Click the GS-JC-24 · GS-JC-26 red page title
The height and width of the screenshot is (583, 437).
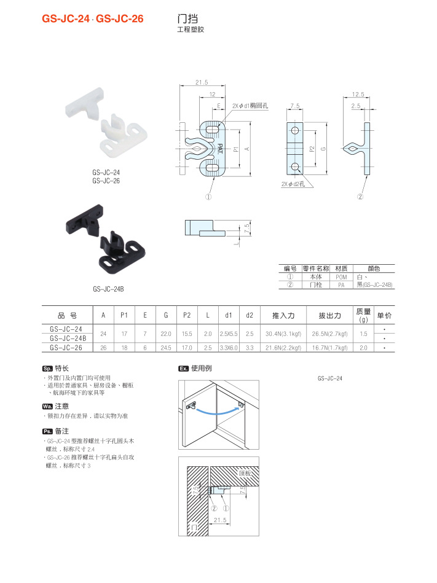[x=93, y=18]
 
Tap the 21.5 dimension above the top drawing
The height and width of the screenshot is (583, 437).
[x=202, y=82]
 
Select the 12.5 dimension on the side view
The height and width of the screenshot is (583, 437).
[x=358, y=94]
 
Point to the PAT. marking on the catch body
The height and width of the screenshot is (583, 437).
[x=219, y=148]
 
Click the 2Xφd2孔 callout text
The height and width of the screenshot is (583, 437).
[x=293, y=184]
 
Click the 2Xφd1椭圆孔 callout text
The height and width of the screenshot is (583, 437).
[x=250, y=106]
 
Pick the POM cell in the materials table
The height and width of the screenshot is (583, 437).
[x=342, y=277]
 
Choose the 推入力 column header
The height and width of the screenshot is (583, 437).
[x=283, y=315]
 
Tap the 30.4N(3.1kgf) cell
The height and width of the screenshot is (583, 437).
[x=283, y=334]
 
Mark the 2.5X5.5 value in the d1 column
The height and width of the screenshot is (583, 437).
[x=228, y=334]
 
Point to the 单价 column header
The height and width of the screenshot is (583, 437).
[x=384, y=315]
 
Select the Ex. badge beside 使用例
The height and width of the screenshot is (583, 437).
[x=183, y=369]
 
